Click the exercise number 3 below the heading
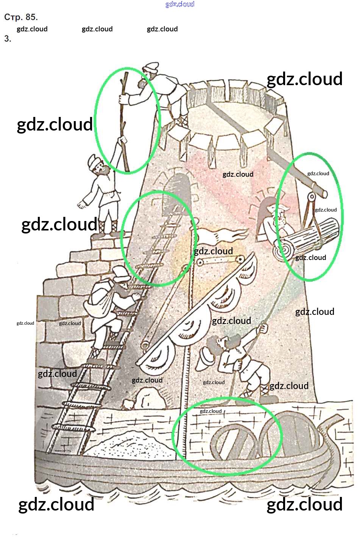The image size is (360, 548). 8,39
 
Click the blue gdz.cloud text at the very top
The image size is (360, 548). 180,4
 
